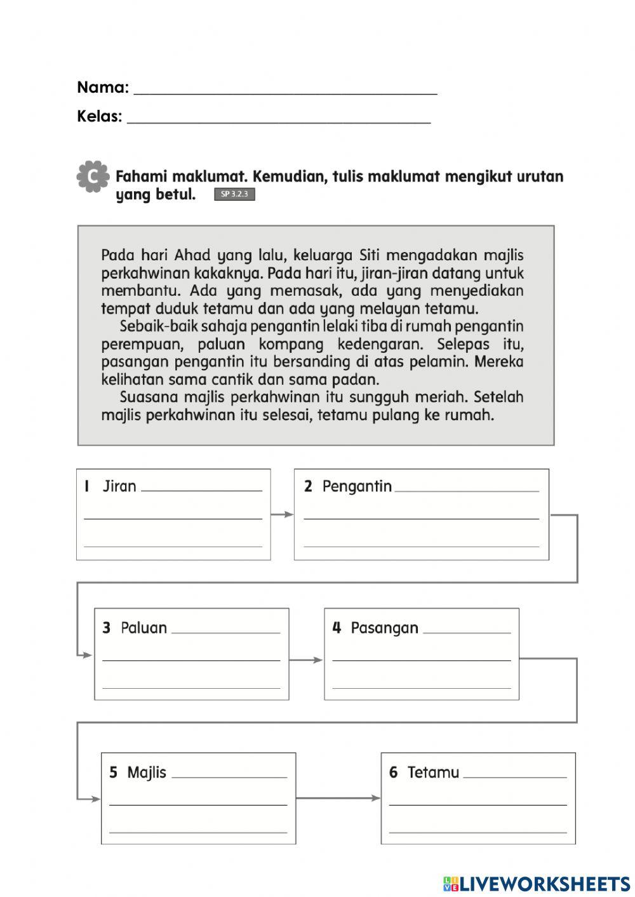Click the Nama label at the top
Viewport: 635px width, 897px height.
(102, 87)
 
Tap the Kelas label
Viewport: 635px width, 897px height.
(99, 116)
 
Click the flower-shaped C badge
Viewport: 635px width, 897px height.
(92, 176)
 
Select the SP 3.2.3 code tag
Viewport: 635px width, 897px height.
(234, 194)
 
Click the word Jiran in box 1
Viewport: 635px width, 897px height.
(119, 486)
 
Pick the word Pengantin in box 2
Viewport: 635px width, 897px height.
(357, 486)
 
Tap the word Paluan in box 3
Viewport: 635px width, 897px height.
(144, 628)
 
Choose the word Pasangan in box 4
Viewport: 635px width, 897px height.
(384, 628)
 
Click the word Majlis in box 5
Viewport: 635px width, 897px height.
(146, 773)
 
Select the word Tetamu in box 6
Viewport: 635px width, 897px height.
(433, 773)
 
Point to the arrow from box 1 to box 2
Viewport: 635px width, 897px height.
(283, 514)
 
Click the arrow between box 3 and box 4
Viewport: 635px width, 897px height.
(307, 660)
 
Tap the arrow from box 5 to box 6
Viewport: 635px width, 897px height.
(338, 797)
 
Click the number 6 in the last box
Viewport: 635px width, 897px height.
(393, 773)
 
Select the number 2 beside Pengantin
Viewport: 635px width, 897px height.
(308, 486)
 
